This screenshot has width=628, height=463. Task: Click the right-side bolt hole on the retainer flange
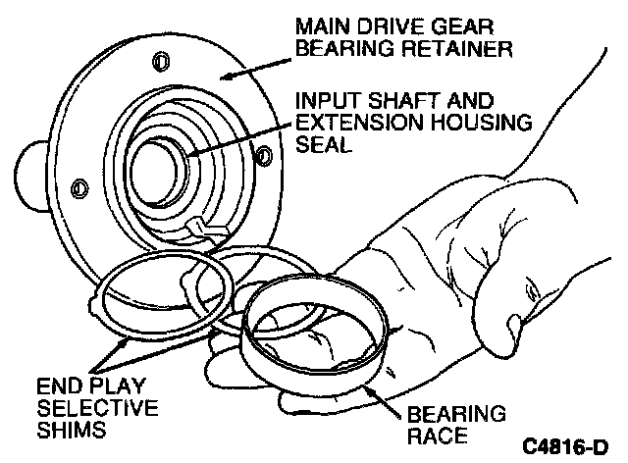261,154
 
